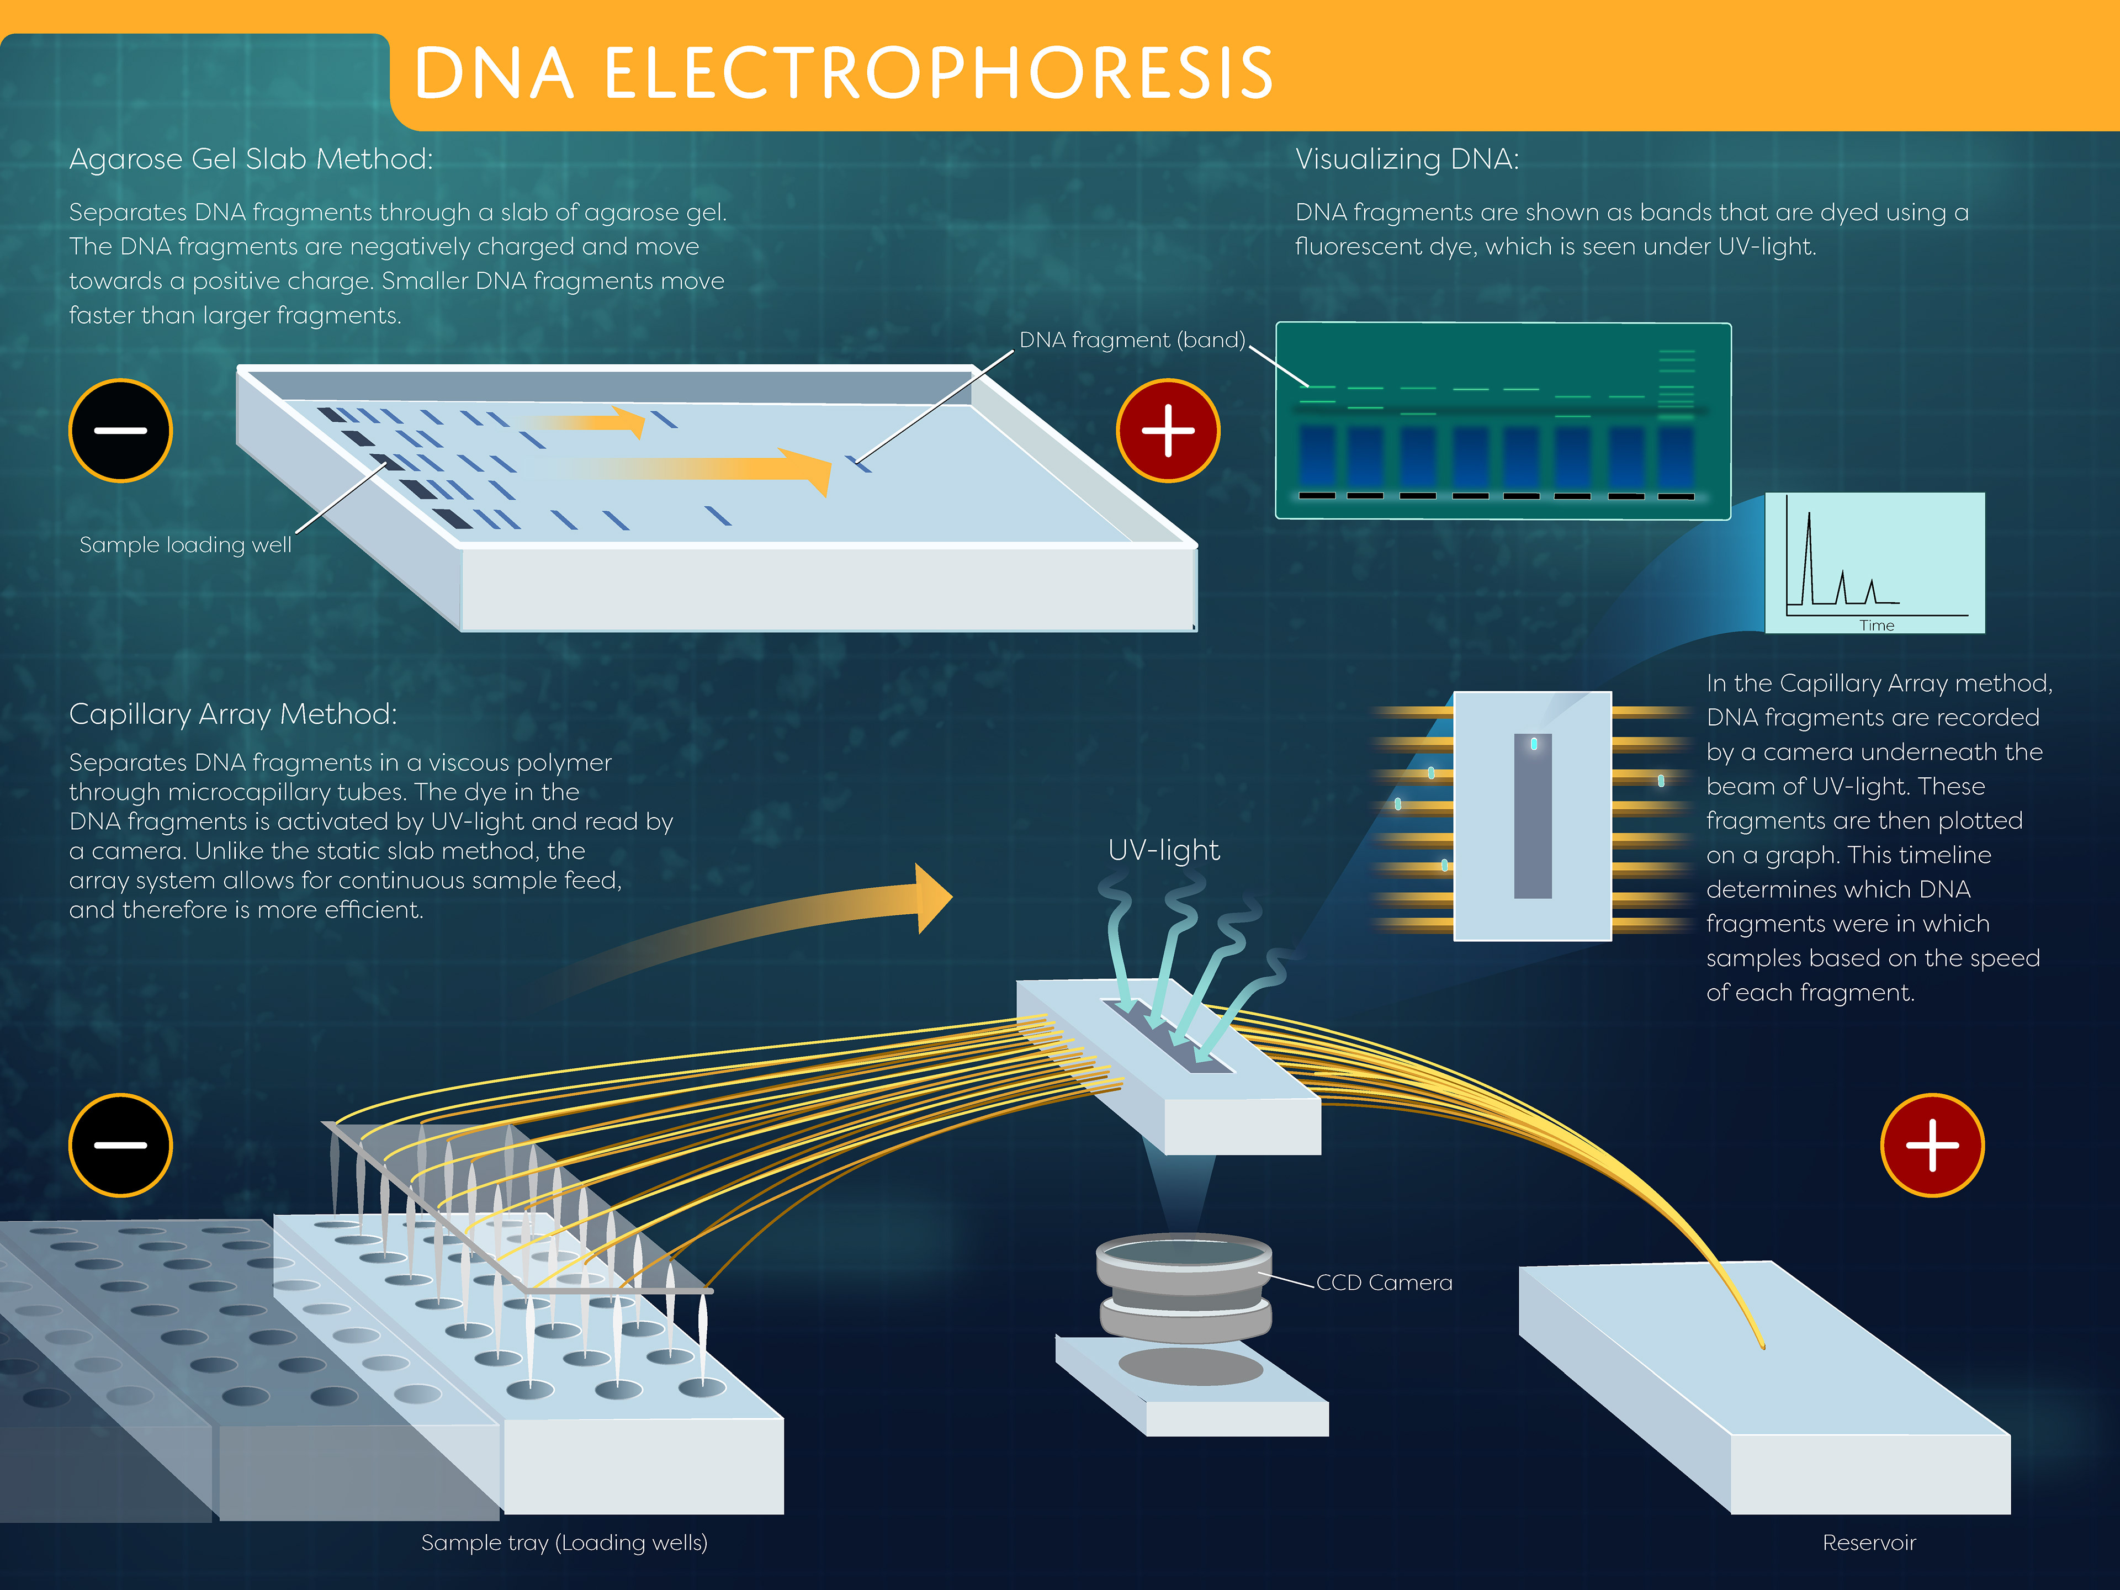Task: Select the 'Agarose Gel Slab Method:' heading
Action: [251, 159]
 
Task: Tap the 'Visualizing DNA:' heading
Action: [1407, 159]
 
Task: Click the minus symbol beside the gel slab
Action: [121, 430]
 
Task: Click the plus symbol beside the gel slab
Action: [1168, 430]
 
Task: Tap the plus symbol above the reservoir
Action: [1932, 1146]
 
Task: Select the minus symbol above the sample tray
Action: [121, 1146]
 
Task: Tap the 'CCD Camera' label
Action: [1384, 1282]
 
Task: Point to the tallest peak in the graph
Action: [1809, 513]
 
